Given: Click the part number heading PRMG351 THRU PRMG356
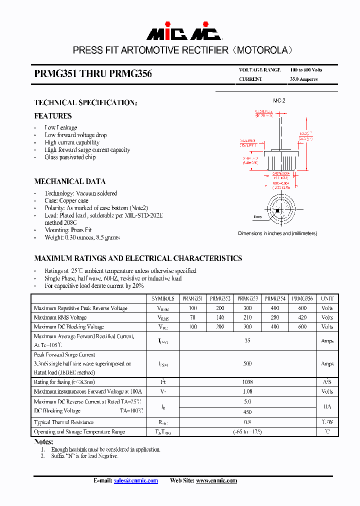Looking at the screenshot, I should (x=93, y=74).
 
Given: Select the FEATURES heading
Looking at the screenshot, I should (x=53, y=116).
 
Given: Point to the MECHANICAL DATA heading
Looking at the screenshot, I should (x=70, y=181).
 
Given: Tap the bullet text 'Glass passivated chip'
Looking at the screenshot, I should (x=70, y=157).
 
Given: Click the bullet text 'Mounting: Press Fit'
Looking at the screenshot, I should (x=68, y=230).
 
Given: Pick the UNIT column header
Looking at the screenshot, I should (x=327, y=298).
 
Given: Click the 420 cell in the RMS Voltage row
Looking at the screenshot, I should (x=302, y=317).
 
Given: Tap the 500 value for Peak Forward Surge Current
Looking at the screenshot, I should (x=247, y=364).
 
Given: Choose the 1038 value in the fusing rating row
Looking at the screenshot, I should (x=247, y=382).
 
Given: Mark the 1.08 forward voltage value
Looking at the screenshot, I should (x=247, y=391).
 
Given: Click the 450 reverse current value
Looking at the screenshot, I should (x=247, y=412).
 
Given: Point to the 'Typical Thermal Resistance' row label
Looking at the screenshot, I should (x=63, y=422).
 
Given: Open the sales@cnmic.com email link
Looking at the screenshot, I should (x=136, y=480).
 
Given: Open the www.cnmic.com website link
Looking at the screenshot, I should (x=216, y=480).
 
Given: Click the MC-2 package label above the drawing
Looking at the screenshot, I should (x=279, y=100).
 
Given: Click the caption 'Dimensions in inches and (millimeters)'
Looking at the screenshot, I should (x=277, y=233).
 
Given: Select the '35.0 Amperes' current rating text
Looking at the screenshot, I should (x=303, y=79).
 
